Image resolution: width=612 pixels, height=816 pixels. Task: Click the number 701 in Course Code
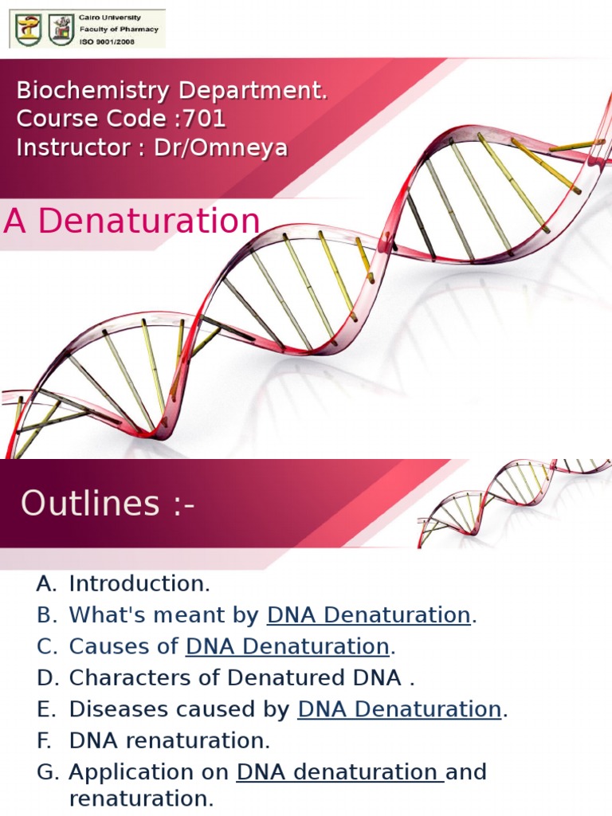204,119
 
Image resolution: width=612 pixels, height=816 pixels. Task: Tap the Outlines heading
108,504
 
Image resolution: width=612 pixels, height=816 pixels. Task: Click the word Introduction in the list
139,583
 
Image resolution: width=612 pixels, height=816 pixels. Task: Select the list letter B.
44,615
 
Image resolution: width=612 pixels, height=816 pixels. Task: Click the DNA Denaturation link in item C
287,646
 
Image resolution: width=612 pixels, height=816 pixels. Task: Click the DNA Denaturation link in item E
399,709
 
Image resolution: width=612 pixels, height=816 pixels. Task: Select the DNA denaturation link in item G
339,772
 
